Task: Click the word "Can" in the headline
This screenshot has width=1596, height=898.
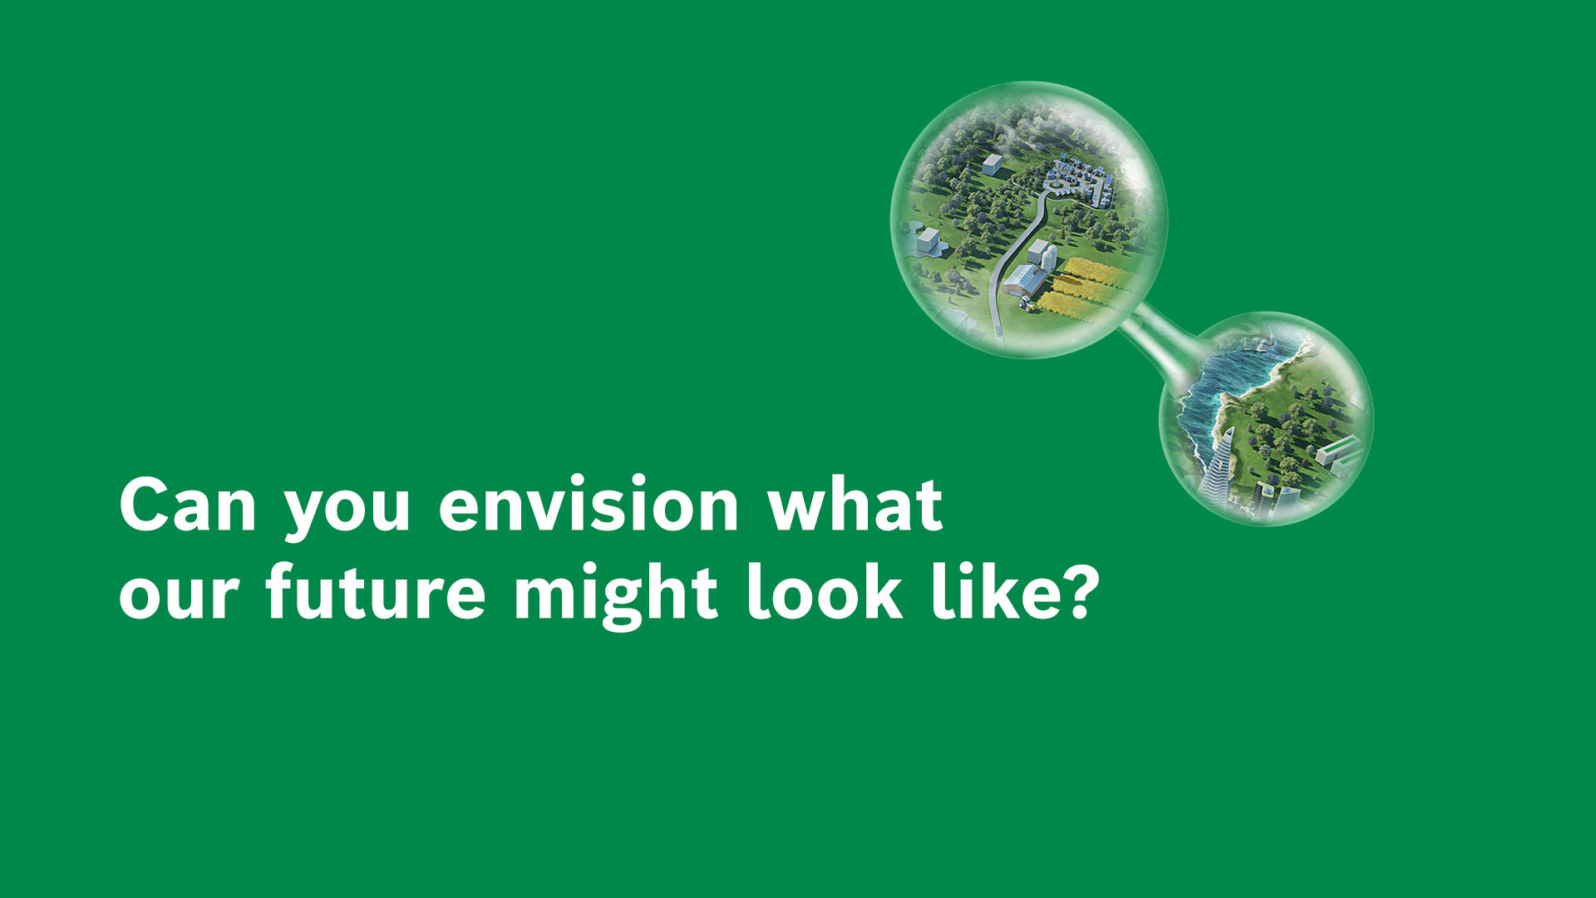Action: (188, 505)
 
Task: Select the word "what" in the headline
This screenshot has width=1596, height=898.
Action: (855, 505)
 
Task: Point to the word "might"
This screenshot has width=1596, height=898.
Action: (616, 595)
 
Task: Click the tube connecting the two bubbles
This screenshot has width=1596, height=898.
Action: (1160, 337)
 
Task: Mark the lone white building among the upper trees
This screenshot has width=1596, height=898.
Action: (992, 165)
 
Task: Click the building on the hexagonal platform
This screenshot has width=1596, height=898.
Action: (929, 241)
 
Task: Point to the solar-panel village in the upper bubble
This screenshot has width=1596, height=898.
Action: (1076, 179)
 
